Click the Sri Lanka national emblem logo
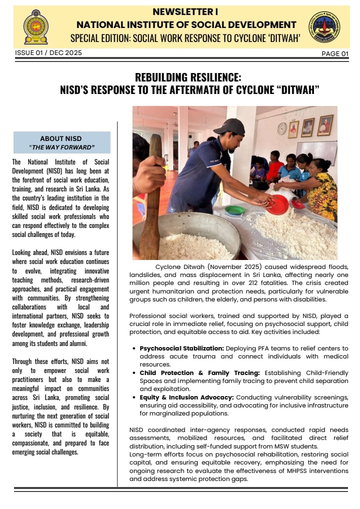pyautogui.click(x=36, y=26)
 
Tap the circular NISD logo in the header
pyautogui.click(x=323, y=26)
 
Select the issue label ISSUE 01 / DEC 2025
pyautogui.click(x=48, y=52)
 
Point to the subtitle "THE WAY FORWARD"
pyautogui.click(x=62, y=147)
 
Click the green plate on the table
pyautogui.click(x=235, y=210)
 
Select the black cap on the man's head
pyautogui.click(x=230, y=127)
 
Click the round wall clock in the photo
pyautogui.click(x=282, y=128)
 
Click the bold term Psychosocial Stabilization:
pyautogui.click(x=182, y=348)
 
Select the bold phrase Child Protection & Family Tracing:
pyautogui.click(x=199, y=372)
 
